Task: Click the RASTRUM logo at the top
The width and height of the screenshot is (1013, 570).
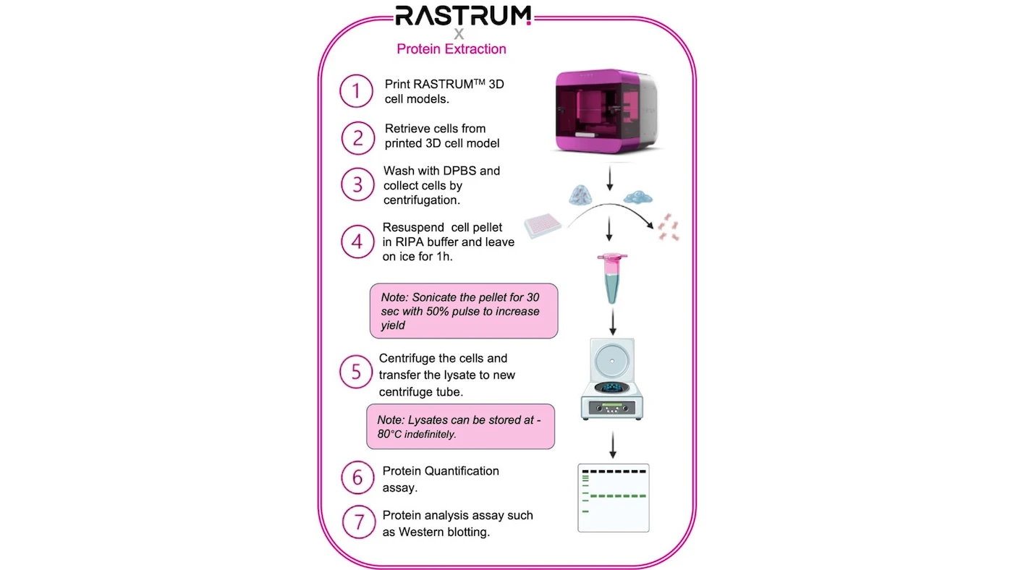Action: coord(463,16)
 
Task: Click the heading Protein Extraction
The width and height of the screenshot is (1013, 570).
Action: coord(452,49)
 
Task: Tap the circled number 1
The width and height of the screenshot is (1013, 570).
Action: coord(356,92)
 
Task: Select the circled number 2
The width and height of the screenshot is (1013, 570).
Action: coord(357,137)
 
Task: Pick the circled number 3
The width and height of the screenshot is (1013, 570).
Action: coord(357,184)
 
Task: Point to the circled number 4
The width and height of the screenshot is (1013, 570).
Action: coord(357,241)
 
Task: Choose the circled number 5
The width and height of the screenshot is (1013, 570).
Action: coord(356,371)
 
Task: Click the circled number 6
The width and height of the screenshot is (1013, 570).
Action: coord(357,478)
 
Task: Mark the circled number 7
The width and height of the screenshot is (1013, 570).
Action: coord(357,523)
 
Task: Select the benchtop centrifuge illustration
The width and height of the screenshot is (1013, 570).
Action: coord(612,379)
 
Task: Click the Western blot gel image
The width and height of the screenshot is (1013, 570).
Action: coord(613,498)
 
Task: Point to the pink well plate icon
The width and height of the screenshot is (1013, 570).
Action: coord(543,226)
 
